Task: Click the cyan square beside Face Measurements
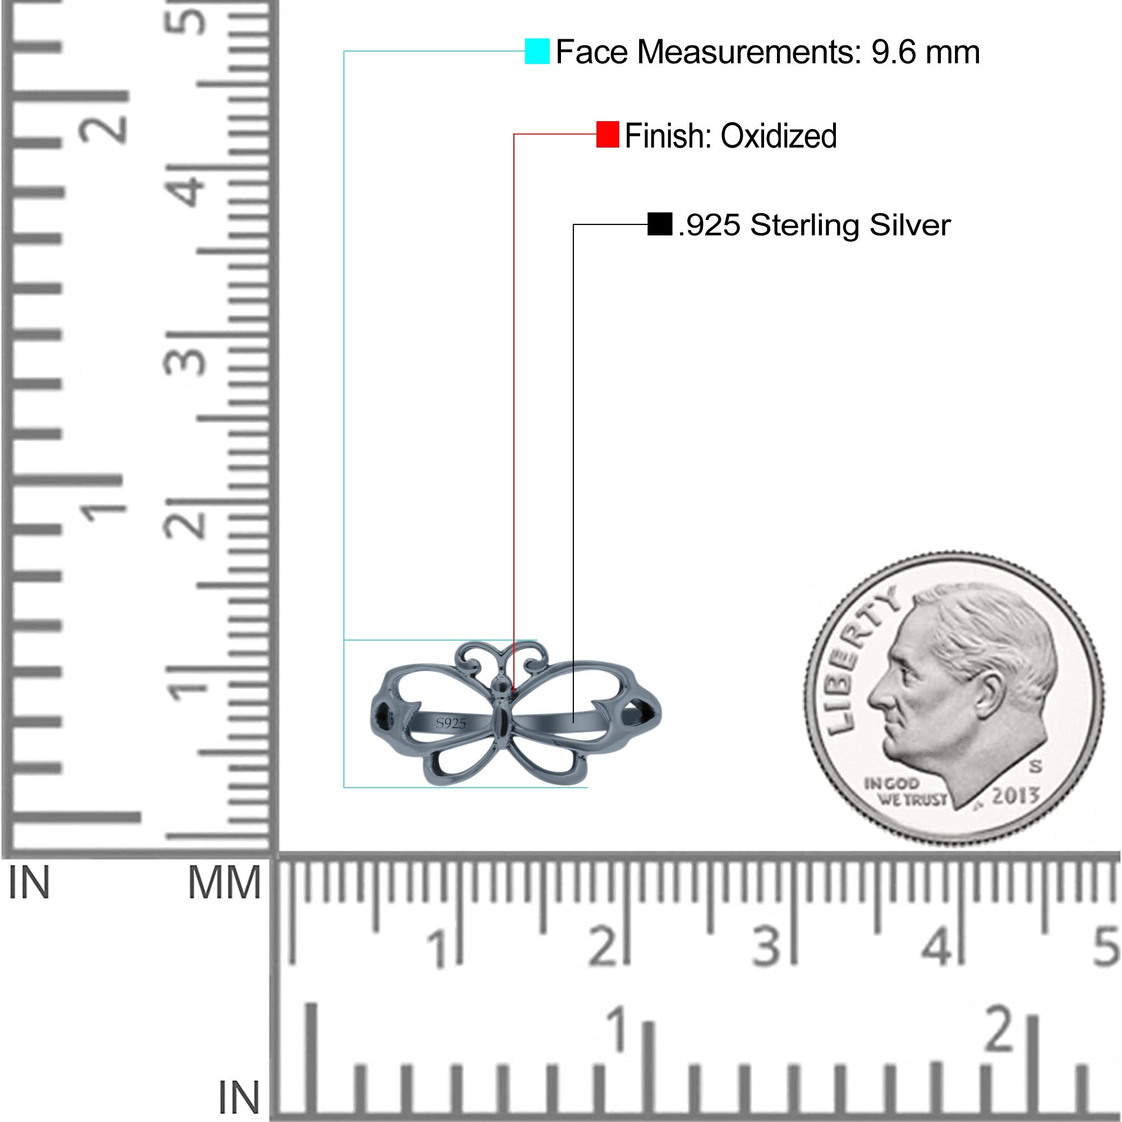(x=537, y=51)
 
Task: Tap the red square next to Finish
(x=608, y=135)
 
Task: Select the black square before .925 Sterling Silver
(x=660, y=224)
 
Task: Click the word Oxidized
(x=779, y=136)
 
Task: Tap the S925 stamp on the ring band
(x=450, y=723)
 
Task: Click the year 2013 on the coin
(x=1015, y=795)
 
